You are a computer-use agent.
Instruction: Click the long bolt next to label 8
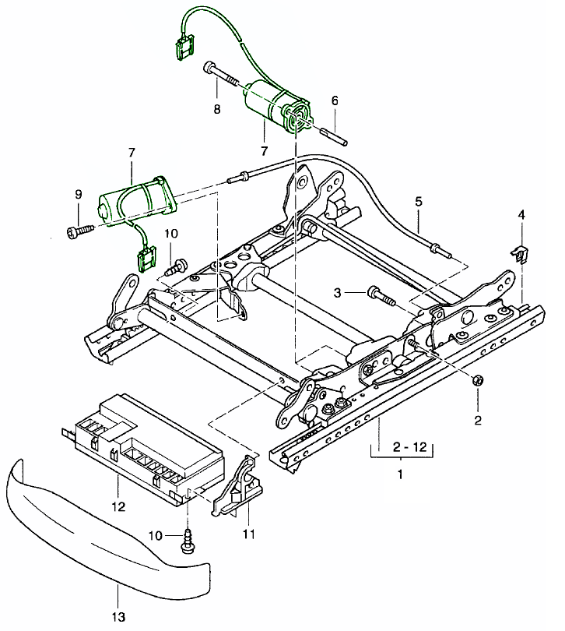[223, 76]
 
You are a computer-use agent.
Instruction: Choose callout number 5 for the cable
[418, 202]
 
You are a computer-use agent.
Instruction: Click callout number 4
[521, 213]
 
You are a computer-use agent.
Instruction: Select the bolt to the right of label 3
[381, 295]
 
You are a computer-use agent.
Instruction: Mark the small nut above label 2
[478, 380]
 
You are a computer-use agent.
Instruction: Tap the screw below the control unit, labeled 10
[188, 540]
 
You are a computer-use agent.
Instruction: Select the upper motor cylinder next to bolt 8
[268, 101]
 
